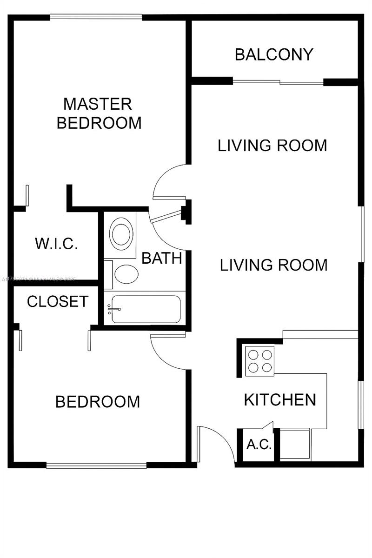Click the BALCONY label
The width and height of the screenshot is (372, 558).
click(273, 54)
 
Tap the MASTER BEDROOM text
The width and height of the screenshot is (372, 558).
click(98, 113)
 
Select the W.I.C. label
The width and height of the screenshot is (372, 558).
click(56, 244)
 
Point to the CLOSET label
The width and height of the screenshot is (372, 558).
click(58, 301)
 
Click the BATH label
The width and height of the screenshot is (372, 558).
click(161, 258)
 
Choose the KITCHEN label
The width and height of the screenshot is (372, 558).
click(280, 399)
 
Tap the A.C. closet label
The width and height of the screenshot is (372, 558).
click(259, 445)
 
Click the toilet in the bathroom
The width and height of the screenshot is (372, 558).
click(122, 232)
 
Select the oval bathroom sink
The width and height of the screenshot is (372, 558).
click(126, 274)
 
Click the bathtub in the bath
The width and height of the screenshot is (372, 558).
click(146, 309)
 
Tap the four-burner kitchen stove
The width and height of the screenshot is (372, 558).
click(260, 361)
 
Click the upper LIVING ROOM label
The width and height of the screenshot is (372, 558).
click(272, 146)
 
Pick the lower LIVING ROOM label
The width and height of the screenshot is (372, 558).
click(273, 265)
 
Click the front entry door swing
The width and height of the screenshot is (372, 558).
click(216, 442)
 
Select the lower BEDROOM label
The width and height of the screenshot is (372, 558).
click(98, 401)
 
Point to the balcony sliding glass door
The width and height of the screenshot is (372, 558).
click(278, 83)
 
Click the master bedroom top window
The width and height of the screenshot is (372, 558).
click(96, 18)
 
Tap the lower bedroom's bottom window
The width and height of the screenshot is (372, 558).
click(97, 465)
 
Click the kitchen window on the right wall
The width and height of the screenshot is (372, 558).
click(360, 405)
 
